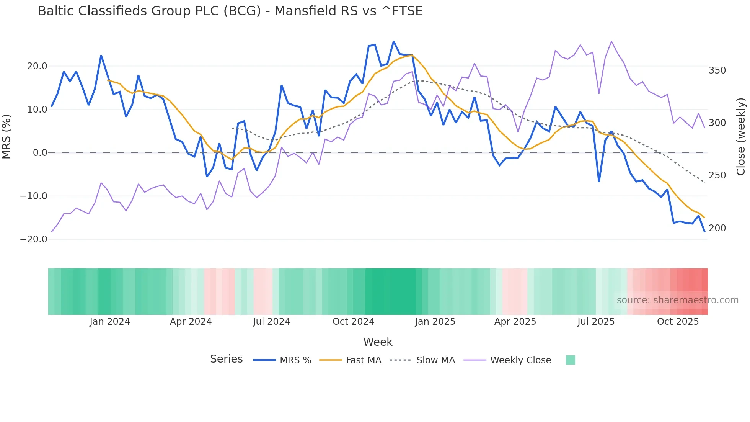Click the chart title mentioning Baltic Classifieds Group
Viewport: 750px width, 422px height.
230,11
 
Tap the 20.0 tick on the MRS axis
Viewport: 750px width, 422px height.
37,66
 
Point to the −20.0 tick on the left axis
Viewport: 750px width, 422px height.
34,239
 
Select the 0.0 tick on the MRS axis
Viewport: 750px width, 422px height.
40,153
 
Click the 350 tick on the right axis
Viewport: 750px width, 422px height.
717,70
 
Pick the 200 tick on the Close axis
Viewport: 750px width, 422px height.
717,228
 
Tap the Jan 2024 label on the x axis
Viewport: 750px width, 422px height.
110,322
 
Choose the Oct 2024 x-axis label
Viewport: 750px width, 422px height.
353,322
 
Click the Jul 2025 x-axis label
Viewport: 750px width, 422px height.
596,322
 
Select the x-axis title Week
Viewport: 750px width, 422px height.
378,342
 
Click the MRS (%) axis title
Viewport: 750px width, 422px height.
7,136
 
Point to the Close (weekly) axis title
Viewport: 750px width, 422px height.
741,136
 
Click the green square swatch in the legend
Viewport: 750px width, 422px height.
570,360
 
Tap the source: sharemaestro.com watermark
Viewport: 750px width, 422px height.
677,300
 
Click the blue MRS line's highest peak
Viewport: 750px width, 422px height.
393,42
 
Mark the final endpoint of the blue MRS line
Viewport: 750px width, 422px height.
704,231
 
